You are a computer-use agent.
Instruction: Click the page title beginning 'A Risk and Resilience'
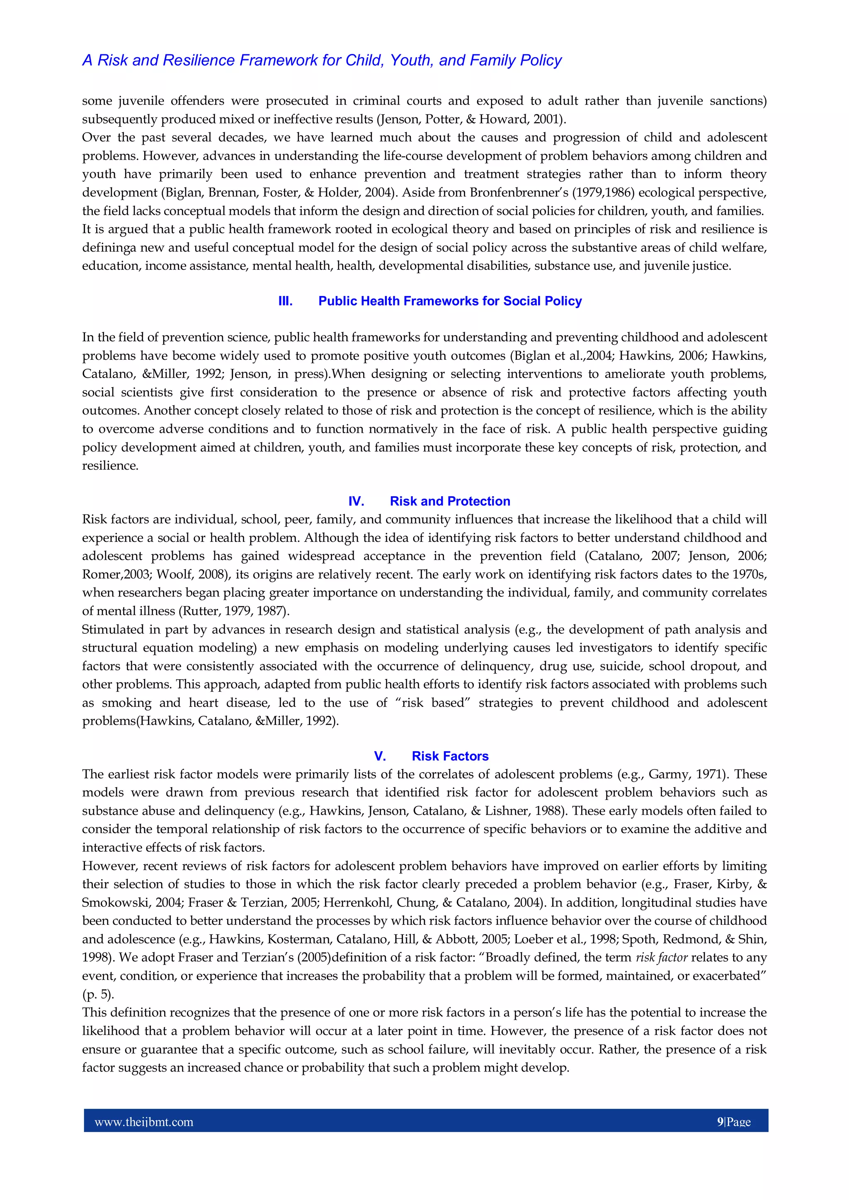(x=322, y=61)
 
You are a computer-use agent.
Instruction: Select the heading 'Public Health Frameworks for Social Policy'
(x=450, y=301)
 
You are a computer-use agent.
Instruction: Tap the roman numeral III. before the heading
(x=286, y=301)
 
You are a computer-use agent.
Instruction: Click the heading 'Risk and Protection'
(x=450, y=501)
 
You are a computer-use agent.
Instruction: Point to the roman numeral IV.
(x=356, y=501)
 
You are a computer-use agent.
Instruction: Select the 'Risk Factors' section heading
(x=450, y=756)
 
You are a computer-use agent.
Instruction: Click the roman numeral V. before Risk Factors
(x=380, y=756)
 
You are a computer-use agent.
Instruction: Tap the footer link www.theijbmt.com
(x=144, y=1122)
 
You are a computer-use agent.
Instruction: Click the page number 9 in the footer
(x=720, y=1122)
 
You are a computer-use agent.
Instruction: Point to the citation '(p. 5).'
(x=98, y=994)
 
